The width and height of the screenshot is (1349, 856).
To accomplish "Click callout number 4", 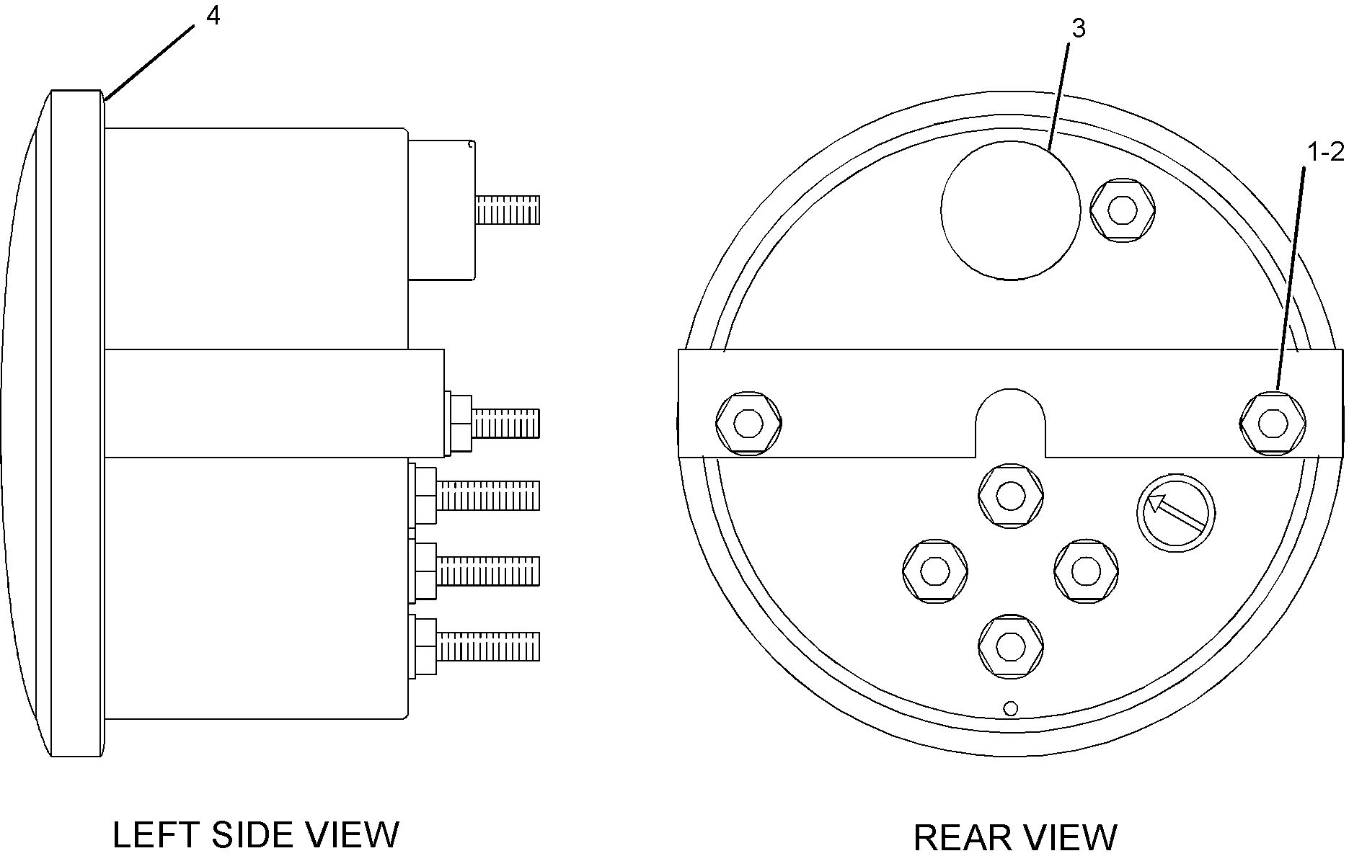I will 213,17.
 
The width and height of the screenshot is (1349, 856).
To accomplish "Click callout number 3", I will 1079,29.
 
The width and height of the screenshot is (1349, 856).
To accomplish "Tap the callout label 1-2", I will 1325,152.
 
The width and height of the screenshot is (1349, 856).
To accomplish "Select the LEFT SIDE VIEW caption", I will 256,834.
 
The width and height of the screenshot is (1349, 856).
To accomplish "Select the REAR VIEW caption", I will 1015,837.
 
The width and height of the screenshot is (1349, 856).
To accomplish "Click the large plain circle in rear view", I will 1010,210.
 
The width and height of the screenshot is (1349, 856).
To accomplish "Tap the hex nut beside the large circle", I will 1122,210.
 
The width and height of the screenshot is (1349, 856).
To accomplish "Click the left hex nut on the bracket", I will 748,423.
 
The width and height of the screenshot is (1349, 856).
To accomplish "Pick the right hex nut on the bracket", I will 1273,423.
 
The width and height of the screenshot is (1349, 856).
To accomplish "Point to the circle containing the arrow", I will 1175,513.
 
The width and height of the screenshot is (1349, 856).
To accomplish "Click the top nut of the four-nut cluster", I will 1010,495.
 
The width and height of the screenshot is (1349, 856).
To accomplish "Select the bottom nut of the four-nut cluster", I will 1010,646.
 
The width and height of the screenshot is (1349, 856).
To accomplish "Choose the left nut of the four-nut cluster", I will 934,571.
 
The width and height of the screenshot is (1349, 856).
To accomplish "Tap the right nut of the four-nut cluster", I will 1085,571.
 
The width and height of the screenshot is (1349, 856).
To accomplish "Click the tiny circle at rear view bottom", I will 1011,709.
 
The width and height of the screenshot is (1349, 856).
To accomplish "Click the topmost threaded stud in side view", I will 508,209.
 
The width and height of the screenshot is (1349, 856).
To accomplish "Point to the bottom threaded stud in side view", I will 488,646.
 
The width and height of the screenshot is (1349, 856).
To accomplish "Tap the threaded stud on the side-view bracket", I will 505,423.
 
